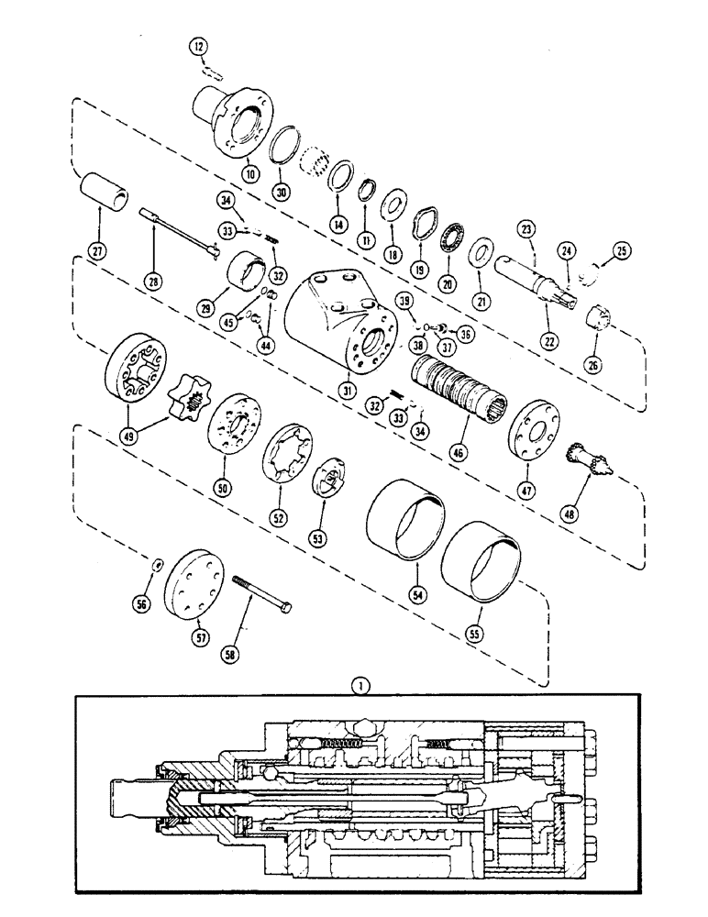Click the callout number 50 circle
click(x=221, y=489)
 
